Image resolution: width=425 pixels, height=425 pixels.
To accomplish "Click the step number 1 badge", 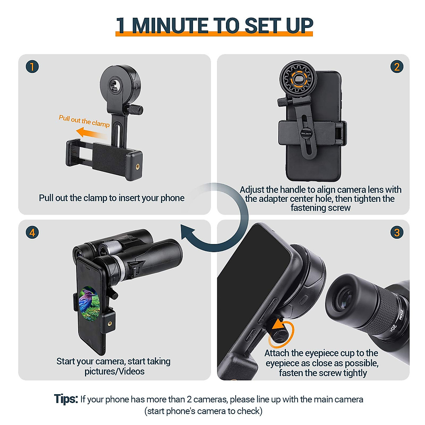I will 32,67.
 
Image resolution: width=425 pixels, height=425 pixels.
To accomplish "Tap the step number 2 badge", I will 397,67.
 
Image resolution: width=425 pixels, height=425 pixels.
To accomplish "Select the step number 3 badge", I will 397,233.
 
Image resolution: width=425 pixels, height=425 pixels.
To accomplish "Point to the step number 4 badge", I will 32,233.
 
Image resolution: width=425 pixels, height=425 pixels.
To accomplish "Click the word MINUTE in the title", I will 170,25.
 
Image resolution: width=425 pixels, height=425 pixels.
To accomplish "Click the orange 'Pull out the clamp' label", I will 84,121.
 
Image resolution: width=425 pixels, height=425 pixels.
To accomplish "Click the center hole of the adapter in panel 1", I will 115,85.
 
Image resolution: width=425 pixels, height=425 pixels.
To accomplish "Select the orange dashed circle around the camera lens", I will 297,79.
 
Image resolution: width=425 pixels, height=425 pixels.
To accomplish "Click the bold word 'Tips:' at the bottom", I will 66,399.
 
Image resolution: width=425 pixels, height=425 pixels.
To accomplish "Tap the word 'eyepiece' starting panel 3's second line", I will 282,363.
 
